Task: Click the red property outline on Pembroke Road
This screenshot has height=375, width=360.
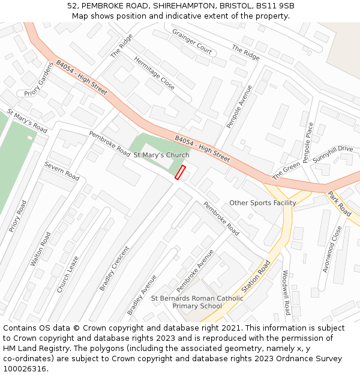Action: click(180, 172)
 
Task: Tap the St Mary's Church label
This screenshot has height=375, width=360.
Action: click(161, 155)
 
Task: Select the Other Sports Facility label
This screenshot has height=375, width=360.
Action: click(262, 203)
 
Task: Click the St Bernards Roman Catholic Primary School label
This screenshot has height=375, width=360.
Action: click(197, 302)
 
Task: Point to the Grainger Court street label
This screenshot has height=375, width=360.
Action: click(192, 41)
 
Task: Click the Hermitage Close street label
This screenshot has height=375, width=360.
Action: click(154, 73)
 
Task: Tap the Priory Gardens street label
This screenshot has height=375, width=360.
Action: click(39, 79)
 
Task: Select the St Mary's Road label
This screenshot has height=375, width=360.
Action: click(27, 121)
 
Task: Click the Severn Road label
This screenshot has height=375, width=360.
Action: click(62, 171)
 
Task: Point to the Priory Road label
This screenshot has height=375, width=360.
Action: click(18, 216)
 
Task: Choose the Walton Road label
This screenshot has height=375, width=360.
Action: click(41, 249)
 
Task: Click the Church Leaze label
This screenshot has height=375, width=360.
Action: click(67, 274)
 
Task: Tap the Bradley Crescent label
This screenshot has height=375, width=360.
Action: click(114, 269)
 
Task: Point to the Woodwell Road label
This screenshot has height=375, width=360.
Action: click(286, 293)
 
